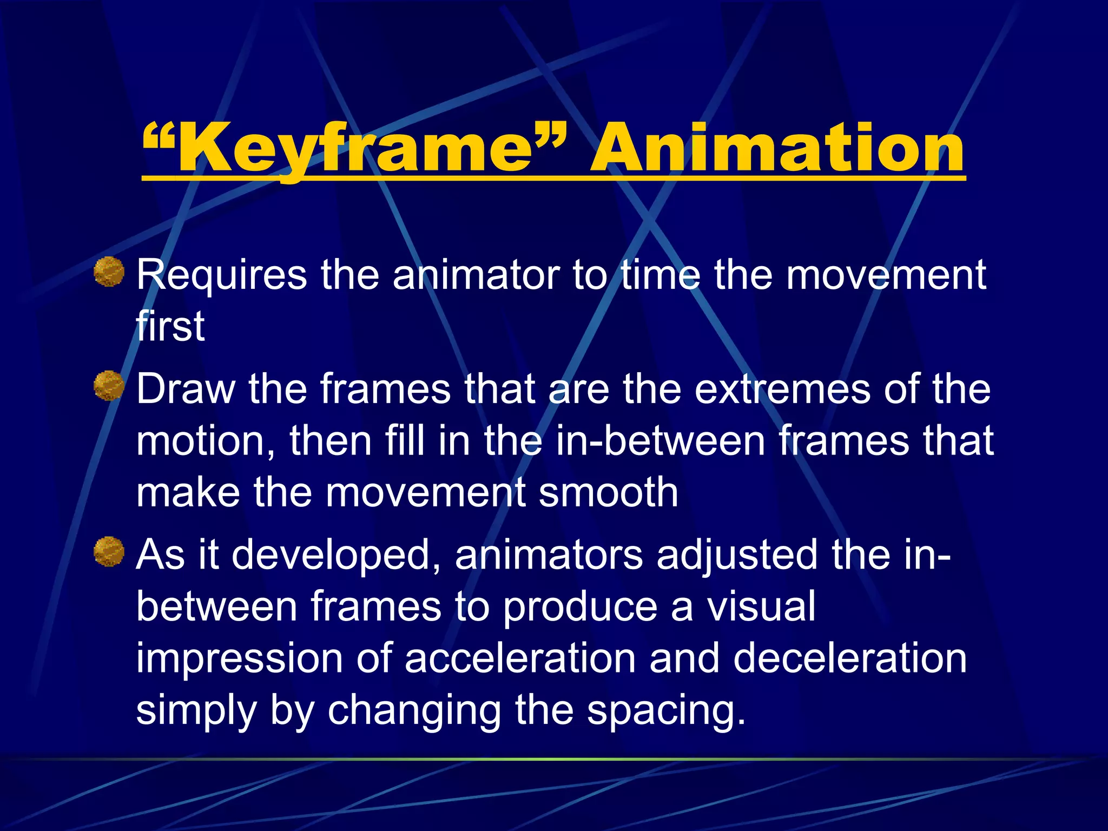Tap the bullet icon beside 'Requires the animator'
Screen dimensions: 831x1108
click(x=109, y=272)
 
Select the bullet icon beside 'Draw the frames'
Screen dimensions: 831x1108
click(x=109, y=386)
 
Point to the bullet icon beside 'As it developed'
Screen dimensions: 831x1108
click(x=109, y=552)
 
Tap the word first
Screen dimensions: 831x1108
click(x=170, y=326)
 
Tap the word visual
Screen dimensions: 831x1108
click(x=761, y=606)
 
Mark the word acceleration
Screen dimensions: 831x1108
click(x=520, y=658)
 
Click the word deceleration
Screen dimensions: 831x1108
click(x=850, y=658)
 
